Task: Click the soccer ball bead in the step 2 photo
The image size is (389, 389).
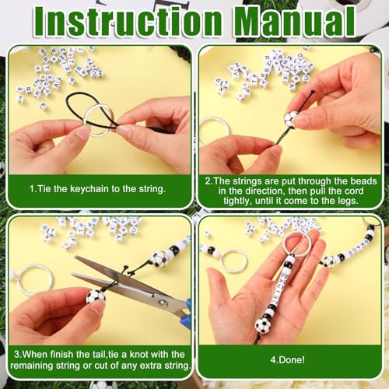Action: (289, 119)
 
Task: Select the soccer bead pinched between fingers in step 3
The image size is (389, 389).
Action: (95, 296)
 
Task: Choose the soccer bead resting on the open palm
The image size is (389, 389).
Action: (263, 325)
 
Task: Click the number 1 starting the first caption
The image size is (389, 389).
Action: (32, 188)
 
